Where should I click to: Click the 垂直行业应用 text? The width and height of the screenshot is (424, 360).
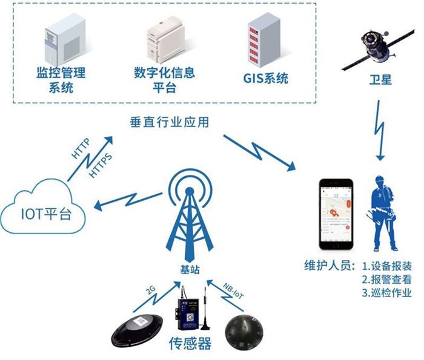[170, 122]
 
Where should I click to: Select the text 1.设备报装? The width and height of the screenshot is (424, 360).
[386, 266]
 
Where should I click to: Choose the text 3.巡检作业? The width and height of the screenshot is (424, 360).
[386, 293]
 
